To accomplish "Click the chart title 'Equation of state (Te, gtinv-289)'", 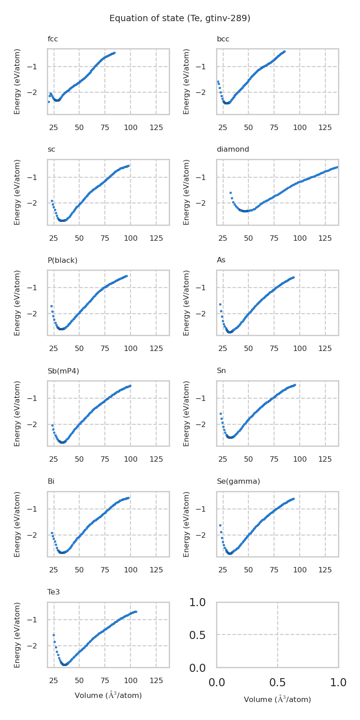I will click(180, 18).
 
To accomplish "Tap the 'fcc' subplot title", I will click(53, 39).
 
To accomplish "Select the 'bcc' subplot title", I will click(223, 39).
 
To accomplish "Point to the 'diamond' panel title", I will click(233, 149).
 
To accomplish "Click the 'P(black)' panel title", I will click(63, 260).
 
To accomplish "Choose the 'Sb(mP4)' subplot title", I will click(63, 371).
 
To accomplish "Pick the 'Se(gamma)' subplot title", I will click(238, 481).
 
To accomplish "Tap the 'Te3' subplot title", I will click(54, 592).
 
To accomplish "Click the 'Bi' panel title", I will click(51, 481).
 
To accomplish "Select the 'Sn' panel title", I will click(221, 371).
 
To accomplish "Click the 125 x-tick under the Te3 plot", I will click(156, 680).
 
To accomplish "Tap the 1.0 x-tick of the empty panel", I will click(338, 683).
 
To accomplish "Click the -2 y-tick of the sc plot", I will click(38, 203).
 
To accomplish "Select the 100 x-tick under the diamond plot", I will click(300, 238).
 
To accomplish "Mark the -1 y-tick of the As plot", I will click(207, 288).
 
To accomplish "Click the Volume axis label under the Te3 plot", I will click(108, 696).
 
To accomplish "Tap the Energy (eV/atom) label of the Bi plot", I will click(18, 524).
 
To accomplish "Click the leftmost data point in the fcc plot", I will click(49, 102).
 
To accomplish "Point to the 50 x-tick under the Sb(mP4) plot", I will click(79, 459).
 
